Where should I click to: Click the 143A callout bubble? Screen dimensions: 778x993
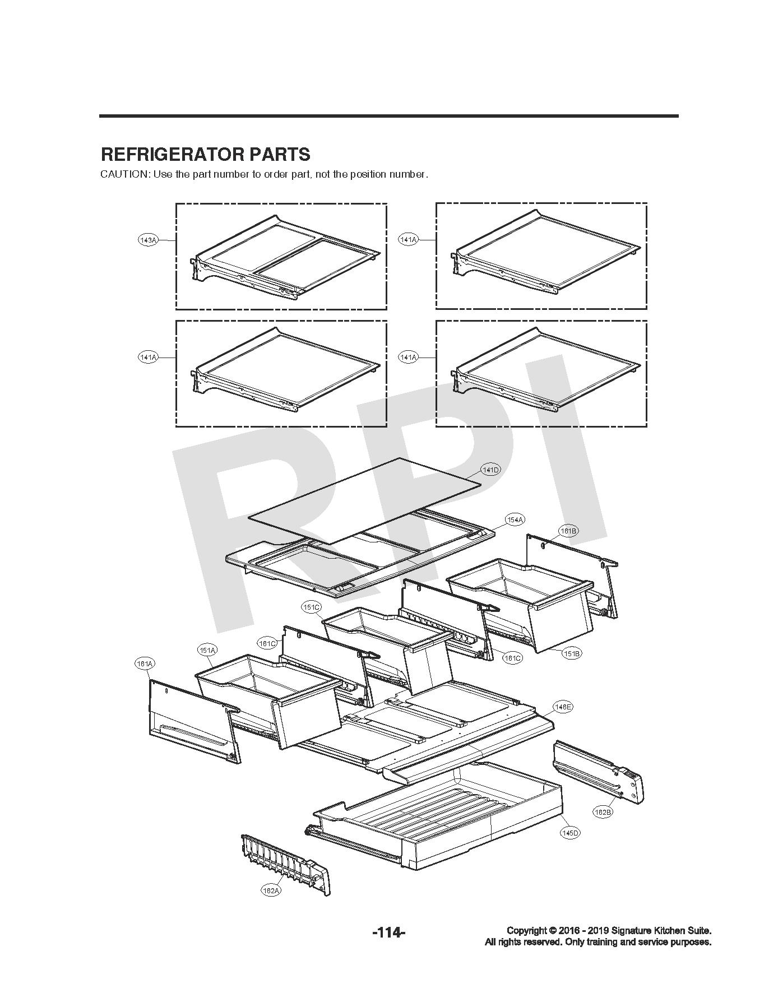[x=148, y=240]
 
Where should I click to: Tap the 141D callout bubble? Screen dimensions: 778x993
[x=490, y=470]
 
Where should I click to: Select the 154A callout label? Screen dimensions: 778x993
[x=515, y=520]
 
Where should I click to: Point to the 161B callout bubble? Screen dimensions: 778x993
[x=568, y=531]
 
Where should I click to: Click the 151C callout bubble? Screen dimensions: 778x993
[x=311, y=607]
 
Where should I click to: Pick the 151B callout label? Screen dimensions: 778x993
[x=572, y=653]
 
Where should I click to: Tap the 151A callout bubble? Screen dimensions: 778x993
[x=207, y=650]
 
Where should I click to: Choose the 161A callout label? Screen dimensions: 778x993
[x=145, y=664]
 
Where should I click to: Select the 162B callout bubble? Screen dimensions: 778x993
[x=603, y=812]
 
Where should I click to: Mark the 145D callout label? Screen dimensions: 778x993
[x=570, y=833]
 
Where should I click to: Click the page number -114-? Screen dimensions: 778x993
[x=388, y=933]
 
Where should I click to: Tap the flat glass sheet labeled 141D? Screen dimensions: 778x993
[x=364, y=499]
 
